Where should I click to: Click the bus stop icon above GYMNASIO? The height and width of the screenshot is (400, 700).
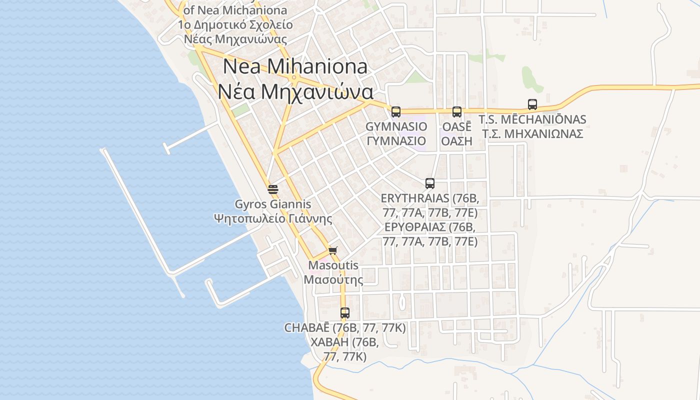click(396, 111)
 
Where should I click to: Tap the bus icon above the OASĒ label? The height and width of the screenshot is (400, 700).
click(457, 111)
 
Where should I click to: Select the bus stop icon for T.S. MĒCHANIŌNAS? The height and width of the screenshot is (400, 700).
click(532, 104)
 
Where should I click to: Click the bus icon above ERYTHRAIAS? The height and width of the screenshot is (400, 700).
click(430, 183)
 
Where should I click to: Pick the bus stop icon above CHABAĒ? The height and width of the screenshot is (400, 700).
click(345, 313)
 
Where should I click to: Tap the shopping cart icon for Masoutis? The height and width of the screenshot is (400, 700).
click(333, 250)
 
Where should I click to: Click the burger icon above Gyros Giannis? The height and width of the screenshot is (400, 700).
click(273, 189)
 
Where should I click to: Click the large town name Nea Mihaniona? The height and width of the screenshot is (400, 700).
click(295, 66)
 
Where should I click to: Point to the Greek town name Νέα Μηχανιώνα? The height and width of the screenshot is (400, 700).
click(295, 92)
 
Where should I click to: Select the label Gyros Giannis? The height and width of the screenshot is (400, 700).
click(273, 204)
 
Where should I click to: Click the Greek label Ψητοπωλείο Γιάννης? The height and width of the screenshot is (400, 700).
click(273, 218)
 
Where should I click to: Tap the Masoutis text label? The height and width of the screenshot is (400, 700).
click(333, 265)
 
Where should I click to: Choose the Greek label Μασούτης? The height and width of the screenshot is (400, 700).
click(333, 279)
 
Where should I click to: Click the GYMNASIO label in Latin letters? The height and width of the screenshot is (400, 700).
click(396, 126)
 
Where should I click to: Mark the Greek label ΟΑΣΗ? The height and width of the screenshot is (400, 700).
click(456, 140)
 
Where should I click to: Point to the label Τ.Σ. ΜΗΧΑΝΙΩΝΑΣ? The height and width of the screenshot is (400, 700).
click(532, 134)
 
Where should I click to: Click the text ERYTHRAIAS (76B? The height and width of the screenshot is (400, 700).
click(430, 199)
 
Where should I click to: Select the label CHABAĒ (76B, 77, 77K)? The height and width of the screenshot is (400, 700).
click(345, 328)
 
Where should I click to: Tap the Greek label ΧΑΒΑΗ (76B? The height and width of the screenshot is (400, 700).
click(345, 342)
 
